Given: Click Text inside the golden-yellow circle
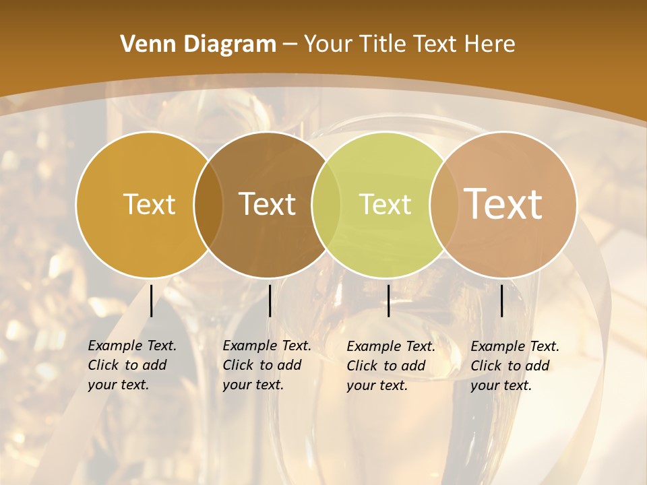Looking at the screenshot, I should (x=149, y=204).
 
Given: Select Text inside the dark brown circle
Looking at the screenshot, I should (x=268, y=204).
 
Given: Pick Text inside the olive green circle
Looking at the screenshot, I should (x=385, y=204).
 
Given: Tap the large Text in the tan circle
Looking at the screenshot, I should (x=503, y=204).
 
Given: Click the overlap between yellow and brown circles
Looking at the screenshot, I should (x=208, y=204).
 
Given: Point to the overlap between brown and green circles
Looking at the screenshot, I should (x=326, y=204).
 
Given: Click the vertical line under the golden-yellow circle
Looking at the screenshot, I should (x=151, y=300).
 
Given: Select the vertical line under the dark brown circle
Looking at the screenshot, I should (x=270, y=300).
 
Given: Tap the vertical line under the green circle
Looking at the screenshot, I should (x=388, y=300).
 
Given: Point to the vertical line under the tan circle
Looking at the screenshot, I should (x=501, y=300).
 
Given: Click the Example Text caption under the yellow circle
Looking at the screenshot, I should (x=131, y=365).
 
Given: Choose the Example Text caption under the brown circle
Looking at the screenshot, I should (x=266, y=365).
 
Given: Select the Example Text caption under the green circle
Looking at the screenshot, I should (x=390, y=366).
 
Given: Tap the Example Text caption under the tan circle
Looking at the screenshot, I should (x=514, y=366).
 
